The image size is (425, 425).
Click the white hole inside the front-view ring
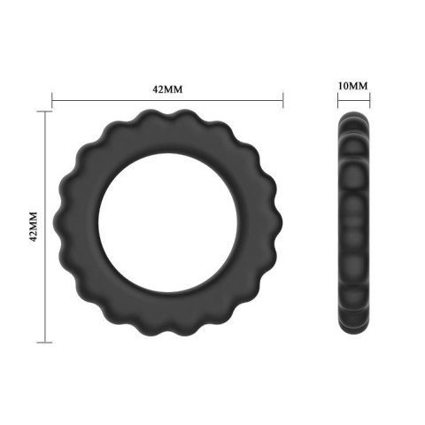coord(166,226)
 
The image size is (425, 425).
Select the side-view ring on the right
coord(353,226)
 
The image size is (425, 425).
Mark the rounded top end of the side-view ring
coord(353,120)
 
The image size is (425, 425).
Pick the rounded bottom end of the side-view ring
coord(353,334)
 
